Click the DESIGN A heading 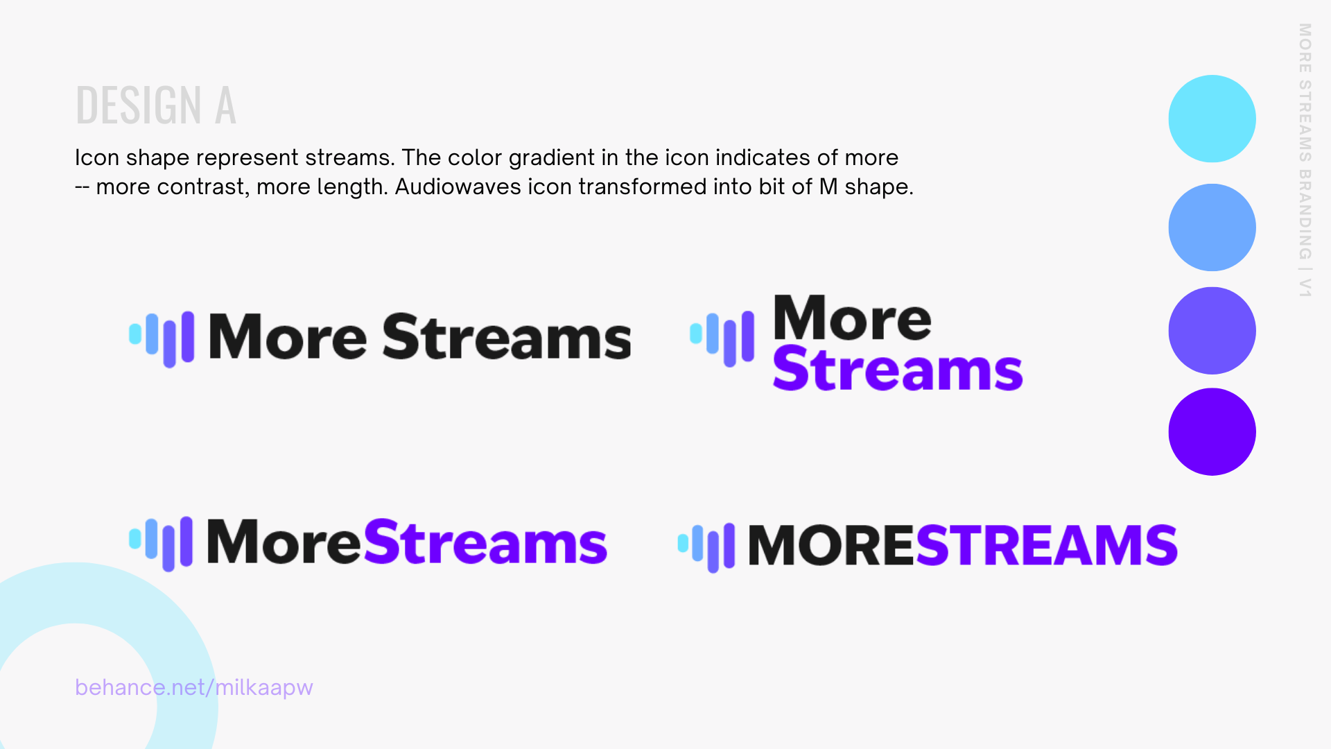click(156, 105)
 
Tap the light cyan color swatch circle click(1212, 119)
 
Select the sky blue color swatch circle click(1212, 227)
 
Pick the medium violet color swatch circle click(1212, 331)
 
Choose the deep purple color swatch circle click(1212, 431)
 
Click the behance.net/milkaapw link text click(194, 687)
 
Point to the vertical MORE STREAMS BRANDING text click(1305, 160)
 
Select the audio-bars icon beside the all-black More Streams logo click(162, 338)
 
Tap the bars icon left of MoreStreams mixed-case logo click(161, 544)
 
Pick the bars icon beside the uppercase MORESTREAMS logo click(706, 548)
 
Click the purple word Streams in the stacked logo click(898, 368)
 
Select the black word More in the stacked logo click(853, 318)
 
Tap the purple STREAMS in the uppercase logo click(1047, 545)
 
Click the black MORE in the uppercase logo click(832, 545)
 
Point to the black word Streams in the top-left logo click(507, 336)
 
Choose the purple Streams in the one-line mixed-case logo click(485, 542)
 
